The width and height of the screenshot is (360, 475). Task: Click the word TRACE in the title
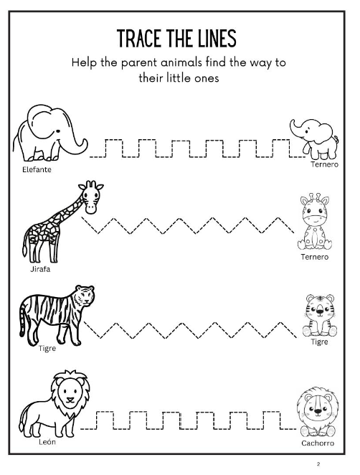click(x=141, y=37)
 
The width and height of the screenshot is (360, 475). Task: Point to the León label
click(x=47, y=442)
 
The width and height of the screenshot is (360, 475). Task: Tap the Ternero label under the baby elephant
click(x=324, y=164)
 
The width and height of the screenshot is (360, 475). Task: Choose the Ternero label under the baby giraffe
click(x=315, y=257)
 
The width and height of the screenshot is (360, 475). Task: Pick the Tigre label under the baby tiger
click(x=319, y=342)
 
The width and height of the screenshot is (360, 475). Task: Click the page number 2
click(x=337, y=464)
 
